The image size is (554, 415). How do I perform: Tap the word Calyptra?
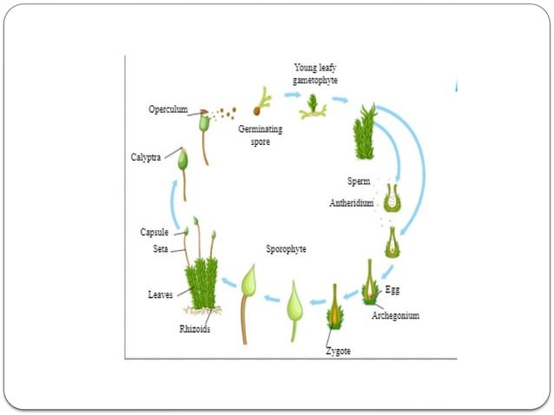[x=145, y=158]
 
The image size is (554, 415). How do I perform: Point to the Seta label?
[x=161, y=249]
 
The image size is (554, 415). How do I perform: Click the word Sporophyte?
[x=287, y=248]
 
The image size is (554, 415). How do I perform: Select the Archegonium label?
[x=395, y=315]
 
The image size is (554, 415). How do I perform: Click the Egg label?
[x=392, y=288]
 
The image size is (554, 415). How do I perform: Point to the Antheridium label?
[x=352, y=203]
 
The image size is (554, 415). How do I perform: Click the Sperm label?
[x=359, y=181]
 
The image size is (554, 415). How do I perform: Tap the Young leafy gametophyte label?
[x=315, y=74]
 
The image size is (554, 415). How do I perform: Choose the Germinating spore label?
[x=261, y=135]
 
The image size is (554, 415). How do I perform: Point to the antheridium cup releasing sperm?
[x=392, y=198]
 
